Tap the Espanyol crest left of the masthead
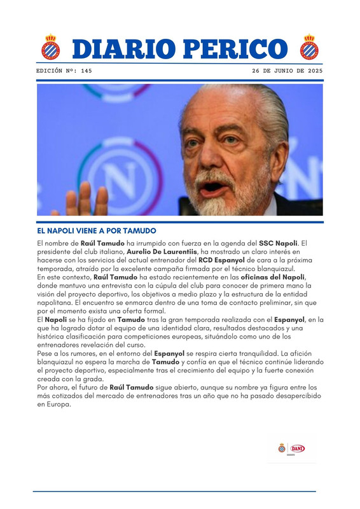click(50, 48)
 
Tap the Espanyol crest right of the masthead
click(310, 47)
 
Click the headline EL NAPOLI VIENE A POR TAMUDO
click(97, 230)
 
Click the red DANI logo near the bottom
click(298, 448)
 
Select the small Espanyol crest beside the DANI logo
click(282, 448)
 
